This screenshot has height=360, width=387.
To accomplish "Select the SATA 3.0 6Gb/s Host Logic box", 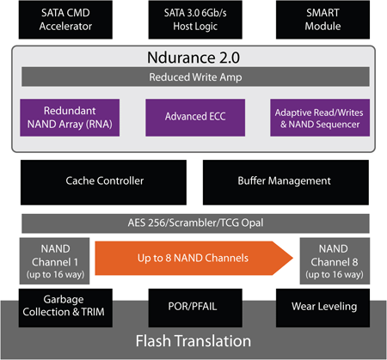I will tap(193, 20).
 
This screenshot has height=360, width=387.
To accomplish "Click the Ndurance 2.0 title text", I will tap(193, 59).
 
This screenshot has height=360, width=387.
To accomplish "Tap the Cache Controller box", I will tap(104, 180).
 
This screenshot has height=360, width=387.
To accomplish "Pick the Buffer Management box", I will tap(284, 180).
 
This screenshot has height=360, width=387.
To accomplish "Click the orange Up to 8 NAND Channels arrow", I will tap(193, 256).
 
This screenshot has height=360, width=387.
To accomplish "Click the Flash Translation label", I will tap(193, 342).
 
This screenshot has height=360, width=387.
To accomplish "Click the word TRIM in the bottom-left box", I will tap(93, 313).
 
